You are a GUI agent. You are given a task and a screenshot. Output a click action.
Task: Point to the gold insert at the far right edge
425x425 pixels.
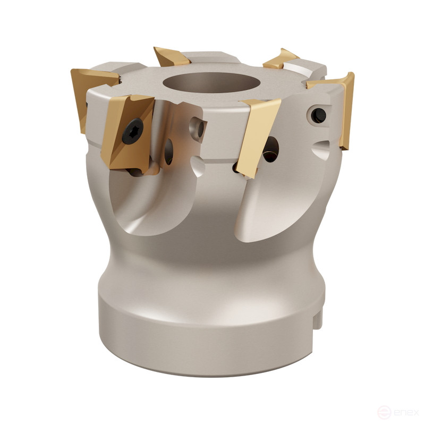tap(345, 106)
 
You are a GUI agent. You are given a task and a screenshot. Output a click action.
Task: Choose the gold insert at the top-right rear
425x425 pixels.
tap(282, 58)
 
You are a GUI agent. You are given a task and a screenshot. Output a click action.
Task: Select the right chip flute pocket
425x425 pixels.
tap(276, 207)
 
